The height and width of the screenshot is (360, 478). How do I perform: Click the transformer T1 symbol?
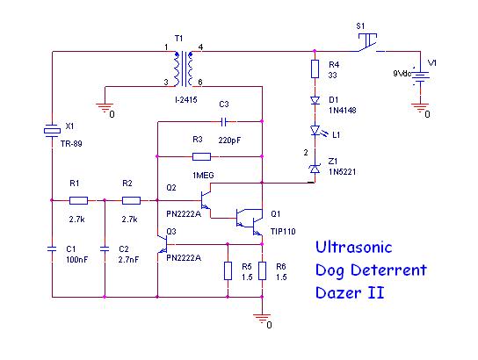point(184,68)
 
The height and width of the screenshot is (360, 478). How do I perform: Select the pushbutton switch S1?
point(368,43)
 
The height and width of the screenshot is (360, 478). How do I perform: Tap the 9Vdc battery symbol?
point(421,76)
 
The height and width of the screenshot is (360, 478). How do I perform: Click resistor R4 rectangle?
point(315,68)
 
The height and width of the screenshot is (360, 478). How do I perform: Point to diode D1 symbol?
point(315,100)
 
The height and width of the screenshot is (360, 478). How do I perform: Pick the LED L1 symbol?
point(317,131)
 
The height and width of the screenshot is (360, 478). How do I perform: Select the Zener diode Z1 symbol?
point(315,169)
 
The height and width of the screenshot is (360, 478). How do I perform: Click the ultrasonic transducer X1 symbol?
point(52,131)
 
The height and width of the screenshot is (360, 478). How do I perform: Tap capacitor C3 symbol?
point(223,122)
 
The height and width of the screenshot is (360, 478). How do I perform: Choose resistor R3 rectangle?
point(201,157)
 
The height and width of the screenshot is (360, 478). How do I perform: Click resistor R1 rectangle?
point(79,200)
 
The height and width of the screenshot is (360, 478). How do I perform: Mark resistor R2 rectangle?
point(131,200)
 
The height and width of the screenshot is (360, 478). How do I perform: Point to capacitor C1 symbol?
point(52,248)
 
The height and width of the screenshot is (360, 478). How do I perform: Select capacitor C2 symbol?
point(105,248)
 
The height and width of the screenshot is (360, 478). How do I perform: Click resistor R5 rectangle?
point(228,270)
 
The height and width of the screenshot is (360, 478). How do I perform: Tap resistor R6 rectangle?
point(262,270)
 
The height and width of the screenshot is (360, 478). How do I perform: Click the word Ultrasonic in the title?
point(353,248)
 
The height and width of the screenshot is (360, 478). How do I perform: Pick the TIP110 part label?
point(283,232)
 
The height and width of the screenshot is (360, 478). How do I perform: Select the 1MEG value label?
point(203,176)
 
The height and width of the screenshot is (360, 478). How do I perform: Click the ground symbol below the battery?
point(421,107)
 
